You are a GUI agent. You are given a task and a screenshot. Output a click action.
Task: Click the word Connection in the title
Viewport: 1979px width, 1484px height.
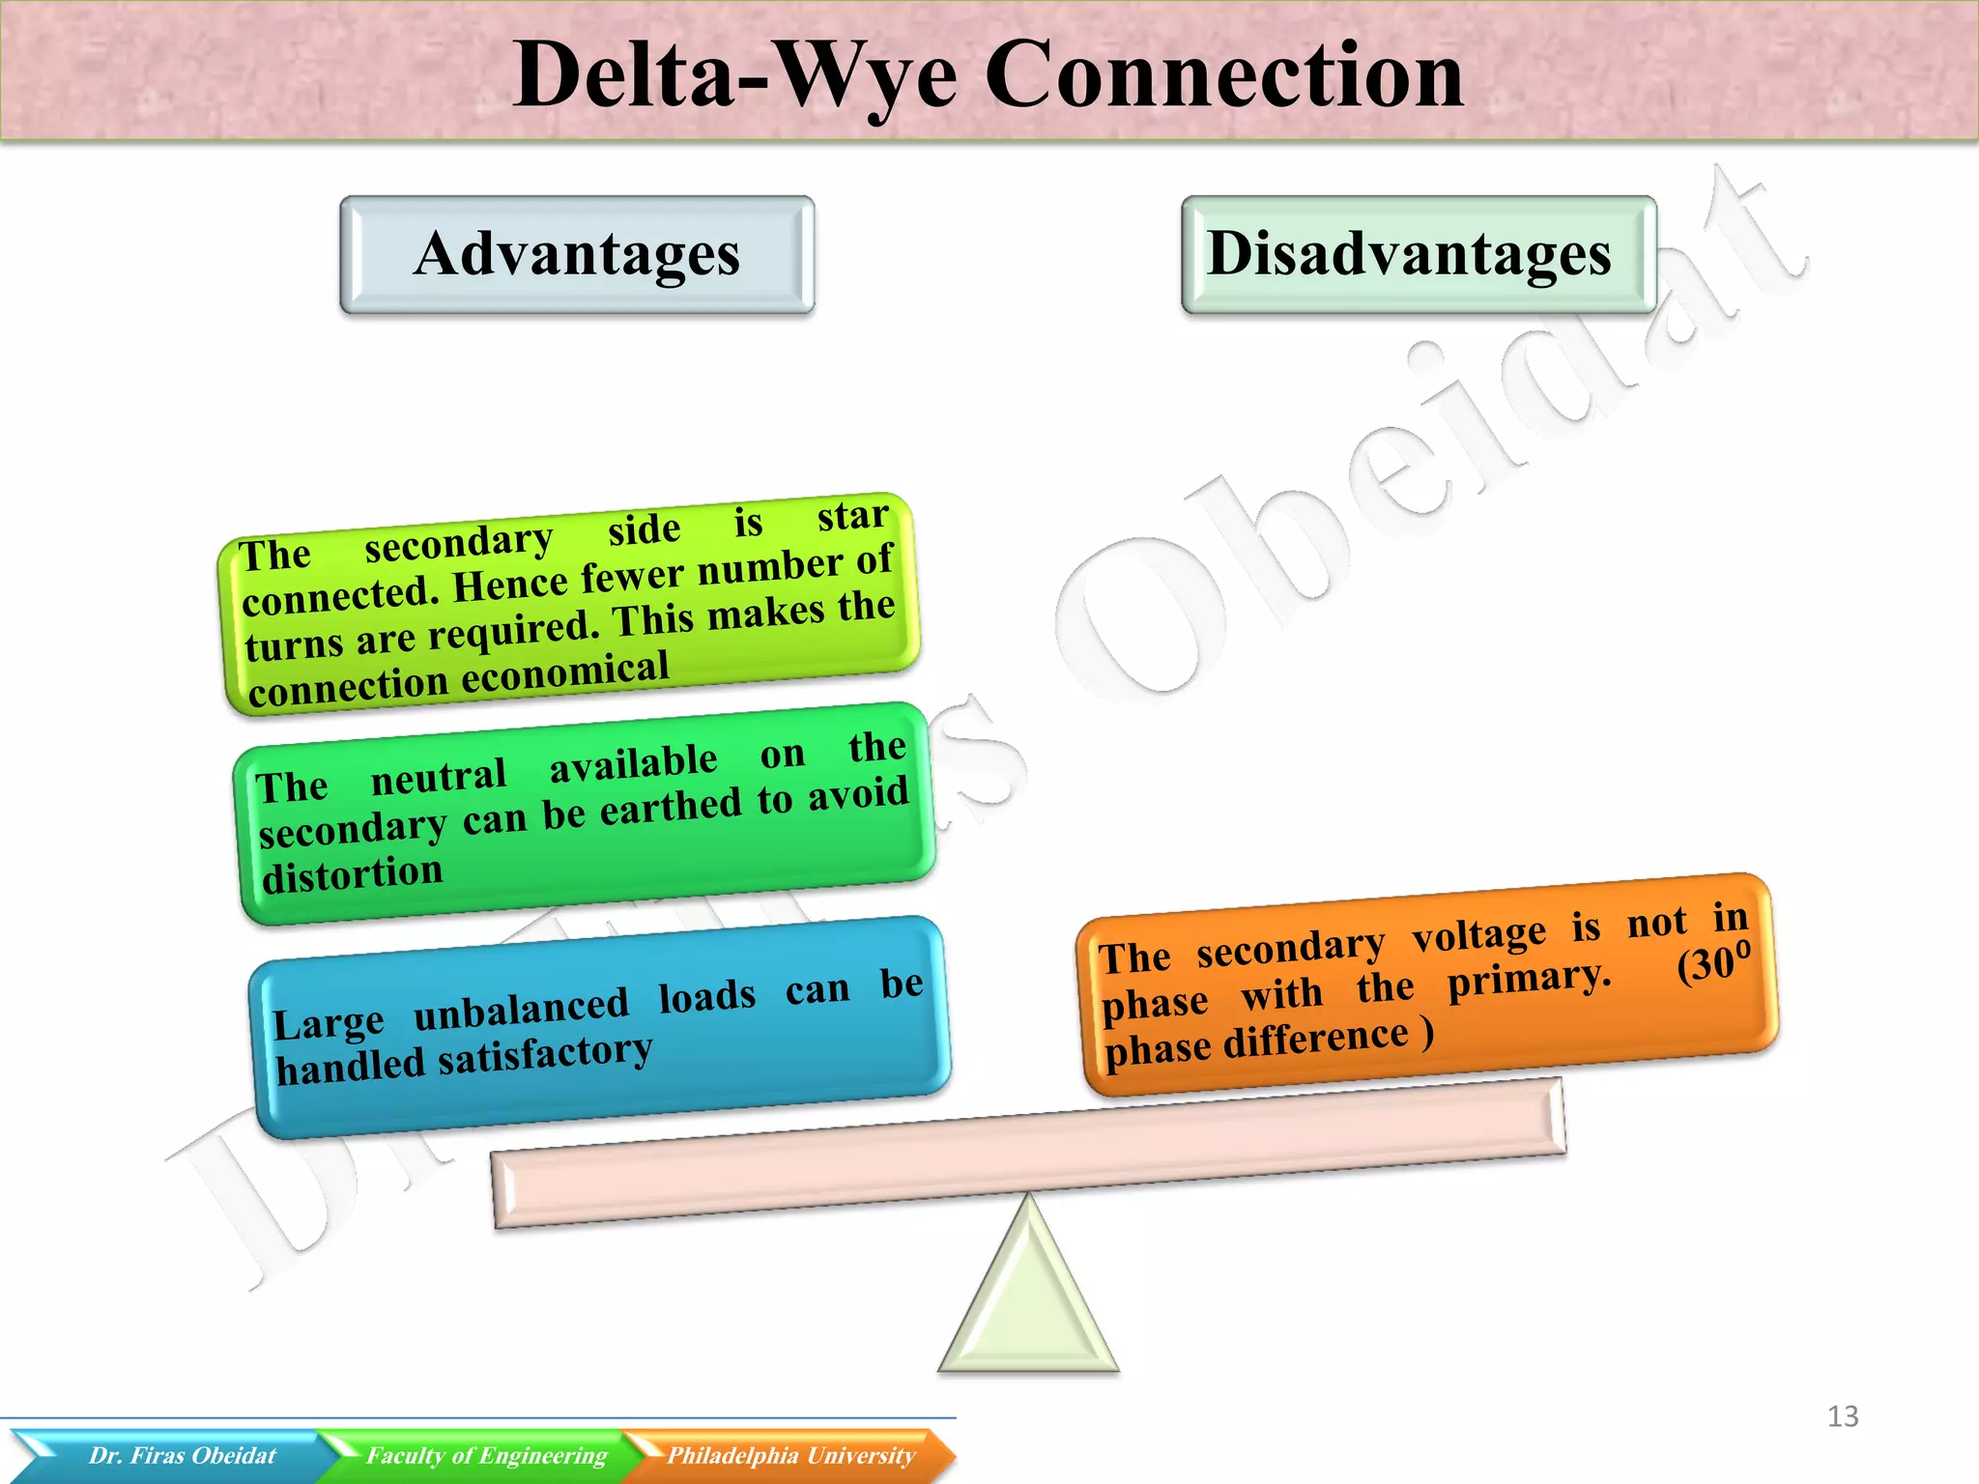tap(1224, 75)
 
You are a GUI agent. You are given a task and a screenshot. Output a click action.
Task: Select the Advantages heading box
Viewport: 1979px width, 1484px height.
tap(577, 255)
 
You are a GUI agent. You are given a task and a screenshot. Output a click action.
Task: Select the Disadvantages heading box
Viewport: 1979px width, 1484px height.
tap(1418, 255)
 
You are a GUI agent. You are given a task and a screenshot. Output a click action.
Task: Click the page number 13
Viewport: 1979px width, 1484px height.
tap(1842, 1416)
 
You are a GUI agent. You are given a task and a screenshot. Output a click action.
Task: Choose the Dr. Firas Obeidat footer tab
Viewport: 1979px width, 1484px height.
tap(182, 1456)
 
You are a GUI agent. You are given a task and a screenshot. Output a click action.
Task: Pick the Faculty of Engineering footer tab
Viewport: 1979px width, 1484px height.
tap(486, 1456)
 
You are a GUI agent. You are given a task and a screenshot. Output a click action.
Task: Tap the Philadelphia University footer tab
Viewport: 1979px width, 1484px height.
tap(790, 1456)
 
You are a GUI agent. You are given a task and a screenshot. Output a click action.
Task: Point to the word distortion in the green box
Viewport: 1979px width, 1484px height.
tap(353, 875)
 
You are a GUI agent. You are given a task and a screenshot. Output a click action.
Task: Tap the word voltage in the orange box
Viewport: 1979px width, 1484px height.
tap(1478, 935)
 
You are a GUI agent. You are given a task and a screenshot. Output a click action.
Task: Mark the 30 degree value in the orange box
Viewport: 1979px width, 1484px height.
tap(1713, 963)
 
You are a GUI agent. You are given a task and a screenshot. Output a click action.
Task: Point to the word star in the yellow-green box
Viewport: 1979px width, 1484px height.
tap(852, 516)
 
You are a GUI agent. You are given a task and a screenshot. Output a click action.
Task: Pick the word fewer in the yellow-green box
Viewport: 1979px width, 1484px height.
tap(632, 577)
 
